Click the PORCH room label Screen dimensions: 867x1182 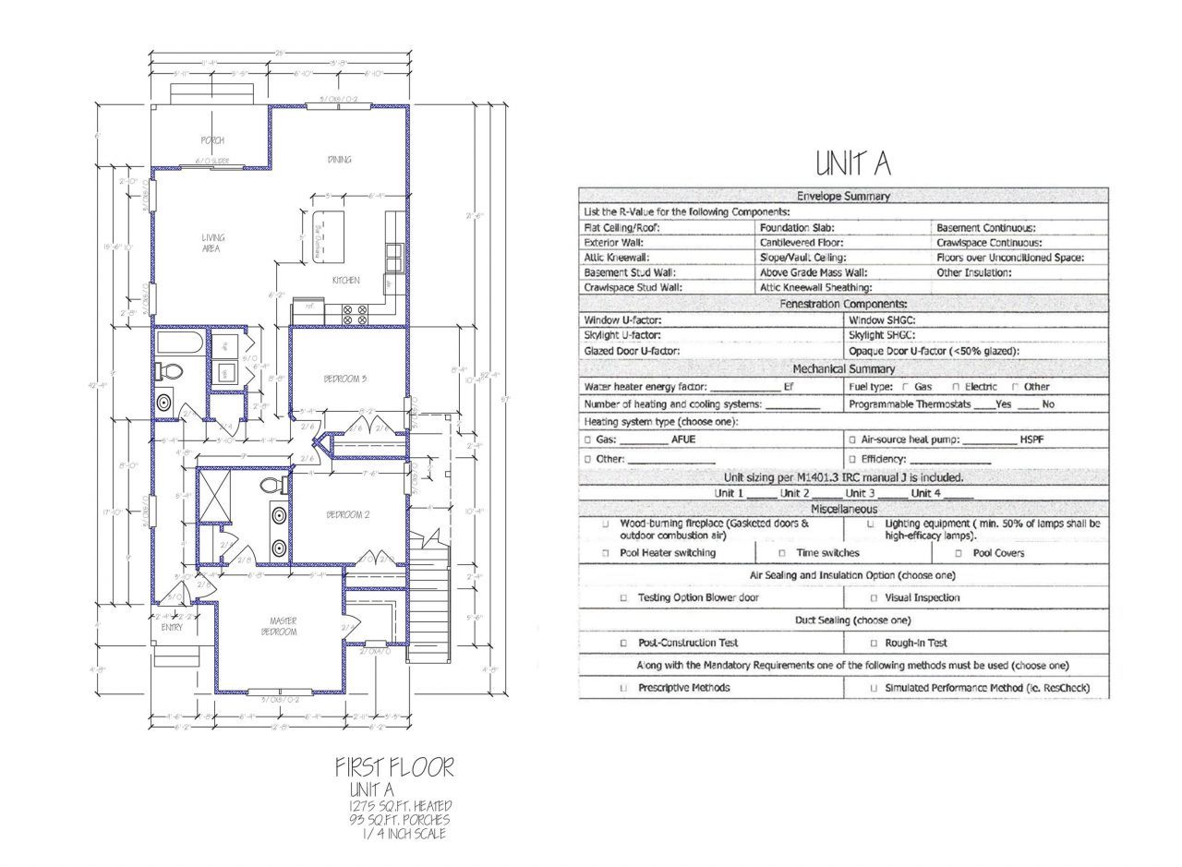pyautogui.click(x=212, y=140)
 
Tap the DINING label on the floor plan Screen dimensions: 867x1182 pyautogui.click(x=339, y=160)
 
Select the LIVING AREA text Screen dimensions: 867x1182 pyautogui.click(x=212, y=243)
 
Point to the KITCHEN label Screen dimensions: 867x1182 pyautogui.click(x=346, y=281)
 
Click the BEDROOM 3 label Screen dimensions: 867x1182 pyautogui.click(x=345, y=379)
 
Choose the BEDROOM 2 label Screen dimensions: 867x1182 pyautogui.click(x=347, y=515)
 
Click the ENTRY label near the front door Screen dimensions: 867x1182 pyautogui.click(x=172, y=627)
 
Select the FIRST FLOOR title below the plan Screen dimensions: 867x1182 pyautogui.click(x=394, y=767)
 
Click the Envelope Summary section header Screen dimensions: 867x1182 pyautogui.click(x=843, y=196)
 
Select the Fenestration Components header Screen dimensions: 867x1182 pyautogui.click(x=843, y=304)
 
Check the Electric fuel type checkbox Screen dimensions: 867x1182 pyautogui.click(x=956, y=387)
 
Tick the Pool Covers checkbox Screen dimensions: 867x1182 pyautogui.click(x=959, y=553)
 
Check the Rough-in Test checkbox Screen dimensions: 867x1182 pyautogui.click(x=874, y=643)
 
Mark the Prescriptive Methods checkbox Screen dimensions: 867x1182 pyautogui.click(x=623, y=688)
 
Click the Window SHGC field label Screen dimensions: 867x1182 pyautogui.click(x=882, y=319)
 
